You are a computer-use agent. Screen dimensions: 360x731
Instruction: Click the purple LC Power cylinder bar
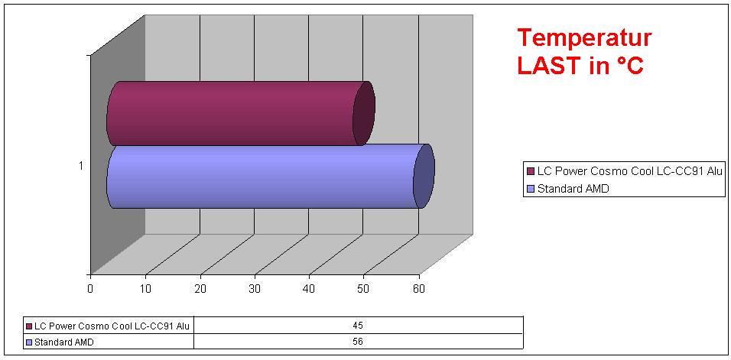click(237, 113)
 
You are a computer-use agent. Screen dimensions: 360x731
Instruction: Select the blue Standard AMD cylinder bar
click(268, 177)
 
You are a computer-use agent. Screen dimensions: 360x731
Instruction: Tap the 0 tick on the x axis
click(90, 288)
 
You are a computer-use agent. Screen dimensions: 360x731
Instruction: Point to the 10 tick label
click(145, 288)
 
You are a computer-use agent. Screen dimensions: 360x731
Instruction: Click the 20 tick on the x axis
click(200, 288)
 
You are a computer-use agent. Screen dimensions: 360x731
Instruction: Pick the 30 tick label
click(255, 288)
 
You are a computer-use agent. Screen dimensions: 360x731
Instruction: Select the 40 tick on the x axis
click(309, 288)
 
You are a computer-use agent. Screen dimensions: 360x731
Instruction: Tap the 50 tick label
click(364, 288)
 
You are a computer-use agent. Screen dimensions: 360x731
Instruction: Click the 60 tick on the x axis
click(418, 288)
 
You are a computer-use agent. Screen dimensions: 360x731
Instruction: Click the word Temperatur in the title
click(584, 38)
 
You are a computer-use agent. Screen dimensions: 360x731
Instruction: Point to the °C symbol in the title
click(629, 66)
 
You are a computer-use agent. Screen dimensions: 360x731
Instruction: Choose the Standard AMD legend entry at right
click(573, 188)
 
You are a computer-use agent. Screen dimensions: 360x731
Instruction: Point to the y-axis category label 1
click(81, 165)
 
